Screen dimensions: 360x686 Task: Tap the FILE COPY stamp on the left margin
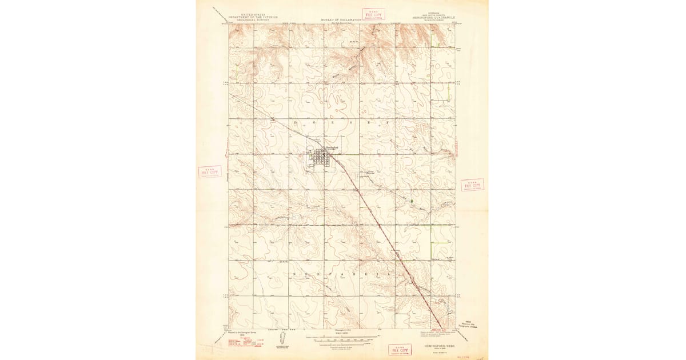[210, 172]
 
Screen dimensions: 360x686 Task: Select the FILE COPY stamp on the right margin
[472, 185]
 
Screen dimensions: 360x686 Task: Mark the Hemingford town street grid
[322, 159]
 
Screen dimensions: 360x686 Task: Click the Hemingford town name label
[332, 148]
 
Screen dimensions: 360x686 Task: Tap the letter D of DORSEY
[296, 122]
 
